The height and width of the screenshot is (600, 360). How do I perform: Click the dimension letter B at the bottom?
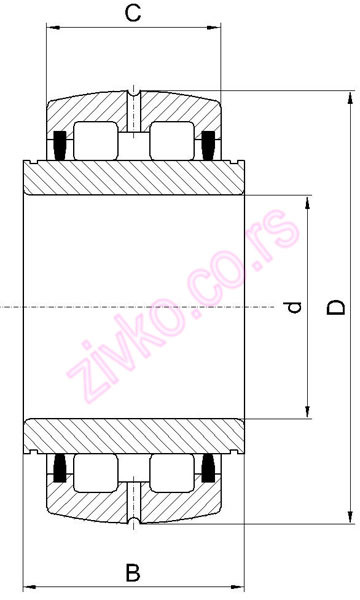point(132,573)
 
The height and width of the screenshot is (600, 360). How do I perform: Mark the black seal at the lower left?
point(58,468)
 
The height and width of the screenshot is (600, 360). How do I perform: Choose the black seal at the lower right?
point(208,468)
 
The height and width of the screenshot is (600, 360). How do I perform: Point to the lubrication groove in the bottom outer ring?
point(133,512)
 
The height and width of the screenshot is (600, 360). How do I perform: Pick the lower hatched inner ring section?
point(133,434)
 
